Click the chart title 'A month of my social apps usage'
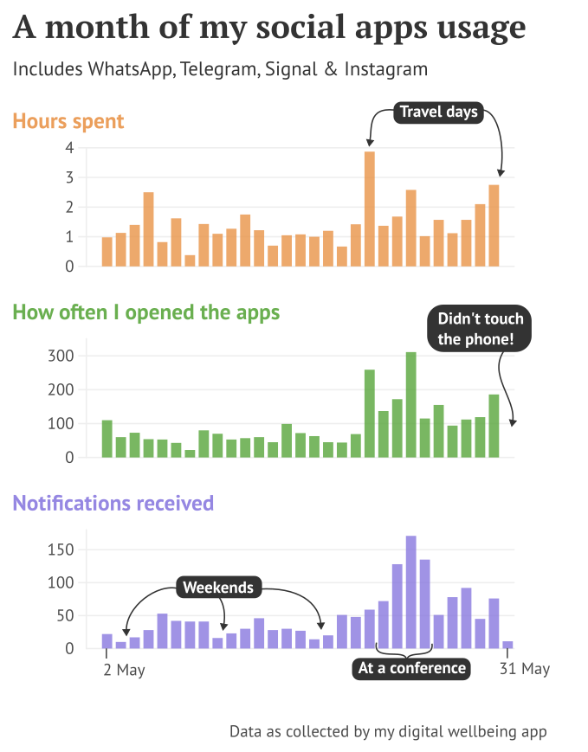tap(269, 28)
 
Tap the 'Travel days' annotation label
tap(438, 112)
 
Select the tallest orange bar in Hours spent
tap(370, 209)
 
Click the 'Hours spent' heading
tap(68, 121)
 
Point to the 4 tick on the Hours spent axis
tap(69, 148)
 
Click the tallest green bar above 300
tap(411, 404)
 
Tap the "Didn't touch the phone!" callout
tap(481, 329)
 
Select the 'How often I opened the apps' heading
tap(146, 312)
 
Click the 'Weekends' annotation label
tap(218, 588)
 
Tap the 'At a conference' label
tap(412, 668)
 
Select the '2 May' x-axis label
tap(124, 669)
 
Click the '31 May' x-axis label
tap(524, 669)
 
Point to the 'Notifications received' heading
tap(113, 503)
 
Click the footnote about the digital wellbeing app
tap(388, 731)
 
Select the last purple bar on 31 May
tap(507, 645)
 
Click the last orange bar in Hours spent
tap(494, 226)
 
